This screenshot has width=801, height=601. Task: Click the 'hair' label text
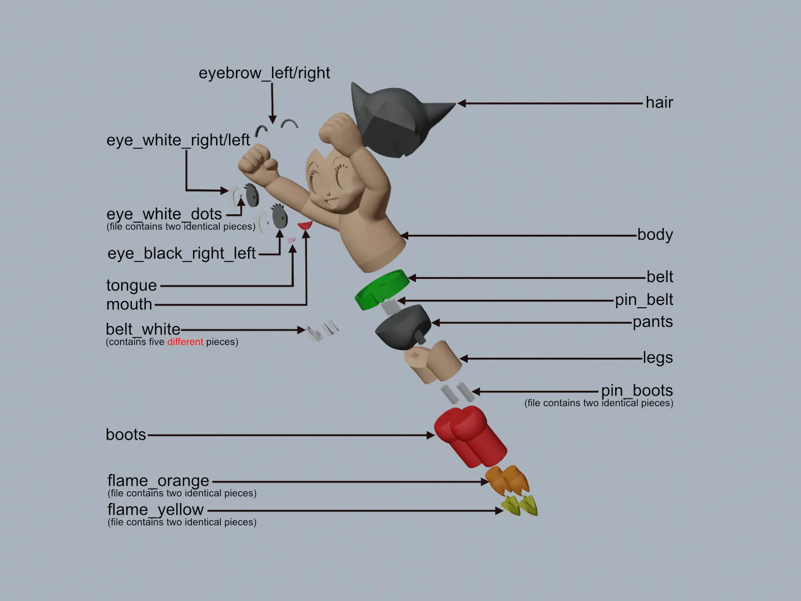pos(659,102)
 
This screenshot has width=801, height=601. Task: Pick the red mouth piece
pos(305,225)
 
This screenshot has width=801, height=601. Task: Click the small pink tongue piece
pos(292,240)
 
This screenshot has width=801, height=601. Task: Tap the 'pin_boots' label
pos(636,390)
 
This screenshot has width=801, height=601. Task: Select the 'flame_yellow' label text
pos(156,509)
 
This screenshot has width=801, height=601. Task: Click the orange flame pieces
pos(506,480)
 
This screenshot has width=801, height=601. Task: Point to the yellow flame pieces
pos(520,506)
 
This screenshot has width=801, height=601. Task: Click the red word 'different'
pos(185,342)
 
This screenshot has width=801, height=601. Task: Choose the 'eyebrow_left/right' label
pos(264,73)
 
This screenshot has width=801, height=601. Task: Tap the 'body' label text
pos(655,235)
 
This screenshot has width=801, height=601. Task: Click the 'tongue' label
pos(131,285)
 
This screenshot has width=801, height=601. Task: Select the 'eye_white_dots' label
pos(164,214)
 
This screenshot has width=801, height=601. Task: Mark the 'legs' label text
pos(657,358)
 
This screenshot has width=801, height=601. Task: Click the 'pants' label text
pos(652,322)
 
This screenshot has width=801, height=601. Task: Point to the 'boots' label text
pos(126,435)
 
